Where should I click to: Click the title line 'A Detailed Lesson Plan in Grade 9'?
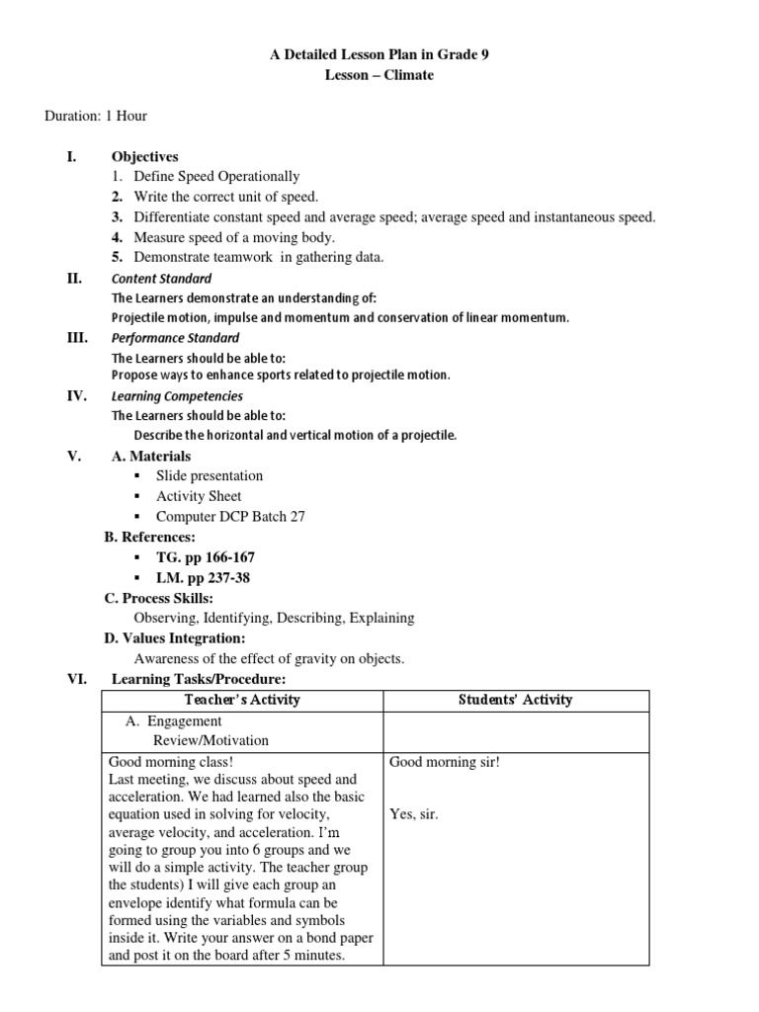(x=379, y=55)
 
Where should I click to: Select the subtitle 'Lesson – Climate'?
(x=379, y=75)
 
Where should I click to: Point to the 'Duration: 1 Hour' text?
(x=96, y=116)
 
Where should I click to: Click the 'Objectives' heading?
(x=145, y=156)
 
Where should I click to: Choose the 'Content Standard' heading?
(x=161, y=279)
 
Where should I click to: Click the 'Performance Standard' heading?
(x=175, y=337)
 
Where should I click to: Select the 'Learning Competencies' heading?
(x=177, y=396)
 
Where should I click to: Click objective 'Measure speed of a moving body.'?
(x=234, y=236)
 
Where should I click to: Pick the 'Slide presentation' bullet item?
(x=210, y=475)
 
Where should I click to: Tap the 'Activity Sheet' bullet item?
(x=199, y=496)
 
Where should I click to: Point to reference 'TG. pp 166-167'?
(x=206, y=557)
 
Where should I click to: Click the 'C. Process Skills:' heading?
(x=158, y=598)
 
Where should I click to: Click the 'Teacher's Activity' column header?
(x=242, y=700)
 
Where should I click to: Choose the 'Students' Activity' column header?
(x=515, y=700)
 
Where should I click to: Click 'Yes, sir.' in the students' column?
(x=414, y=814)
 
